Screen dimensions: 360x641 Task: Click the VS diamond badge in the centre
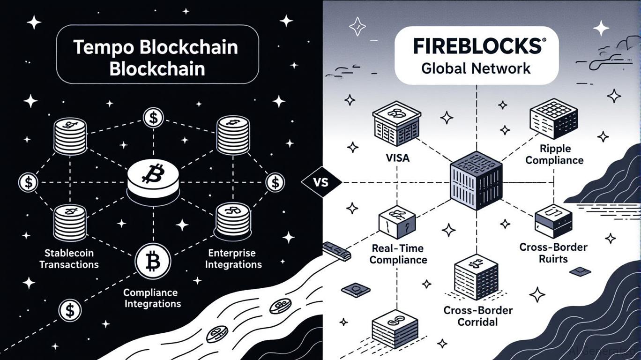click(x=322, y=182)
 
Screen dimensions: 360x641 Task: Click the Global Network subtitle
click(x=476, y=68)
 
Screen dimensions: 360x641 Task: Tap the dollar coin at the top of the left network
click(x=153, y=117)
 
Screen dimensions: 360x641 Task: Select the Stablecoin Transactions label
click(x=69, y=259)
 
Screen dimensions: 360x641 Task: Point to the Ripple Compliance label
click(x=555, y=155)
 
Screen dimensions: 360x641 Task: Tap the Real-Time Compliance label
click(x=398, y=254)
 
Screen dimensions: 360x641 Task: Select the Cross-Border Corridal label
click(x=478, y=316)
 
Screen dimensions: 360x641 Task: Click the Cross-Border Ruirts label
click(x=553, y=253)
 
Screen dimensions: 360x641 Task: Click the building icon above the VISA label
click(x=396, y=126)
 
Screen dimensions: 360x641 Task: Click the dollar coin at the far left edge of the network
click(x=28, y=182)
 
